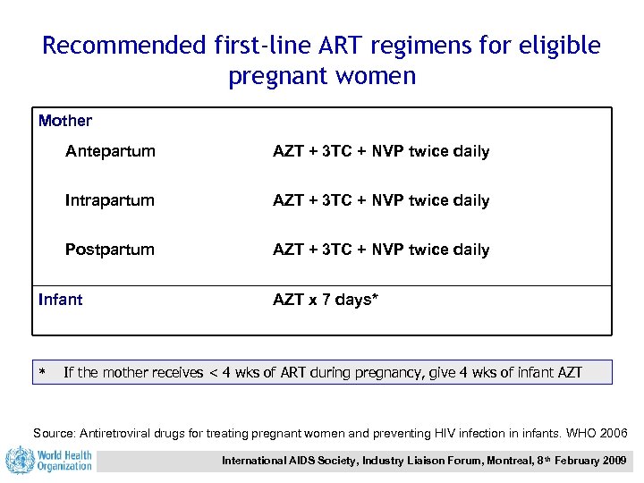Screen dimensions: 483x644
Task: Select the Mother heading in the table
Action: point(65,120)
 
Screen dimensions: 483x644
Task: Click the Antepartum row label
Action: point(110,151)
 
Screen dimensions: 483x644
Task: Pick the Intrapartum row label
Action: point(110,200)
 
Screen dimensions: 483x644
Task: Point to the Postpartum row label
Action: point(110,250)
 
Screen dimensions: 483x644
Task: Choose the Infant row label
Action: point(61,300)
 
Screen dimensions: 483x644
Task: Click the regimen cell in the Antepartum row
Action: point(381,151)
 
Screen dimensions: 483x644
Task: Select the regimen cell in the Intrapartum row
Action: point(381,200)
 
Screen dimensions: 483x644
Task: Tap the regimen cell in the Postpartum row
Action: point(381,250)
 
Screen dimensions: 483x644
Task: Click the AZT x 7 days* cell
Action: point(326,300)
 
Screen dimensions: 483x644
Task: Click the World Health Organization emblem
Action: point(19,461)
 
